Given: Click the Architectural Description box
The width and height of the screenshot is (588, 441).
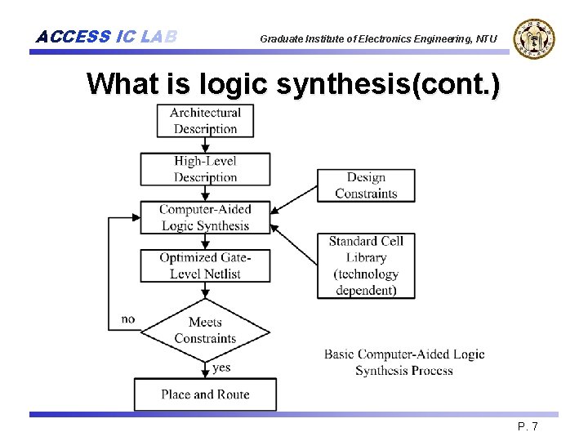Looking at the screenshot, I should coord(205,121).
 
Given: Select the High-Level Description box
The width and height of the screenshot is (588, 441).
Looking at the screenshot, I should coord(205,169).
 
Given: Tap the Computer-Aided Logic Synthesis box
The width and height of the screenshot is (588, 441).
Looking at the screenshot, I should coord(205,217).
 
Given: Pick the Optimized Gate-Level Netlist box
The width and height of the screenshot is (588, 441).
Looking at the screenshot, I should coord(205,265).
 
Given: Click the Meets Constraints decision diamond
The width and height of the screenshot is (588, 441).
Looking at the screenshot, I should coord(205,330).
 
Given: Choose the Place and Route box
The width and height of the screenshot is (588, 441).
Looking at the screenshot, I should coord(205,394).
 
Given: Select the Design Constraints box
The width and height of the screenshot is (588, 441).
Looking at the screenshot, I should coord(366,185).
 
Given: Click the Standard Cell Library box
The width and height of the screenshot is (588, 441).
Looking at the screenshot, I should coord(366,265).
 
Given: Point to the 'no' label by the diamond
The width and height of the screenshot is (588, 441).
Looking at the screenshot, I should coord(128,318).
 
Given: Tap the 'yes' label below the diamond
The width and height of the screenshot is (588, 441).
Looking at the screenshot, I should coord(221,367).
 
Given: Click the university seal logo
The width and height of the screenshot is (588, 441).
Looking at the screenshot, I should coord(534,38).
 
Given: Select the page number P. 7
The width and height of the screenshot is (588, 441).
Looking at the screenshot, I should coord(528,427).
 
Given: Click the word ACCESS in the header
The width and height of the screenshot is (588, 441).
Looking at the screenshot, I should coord(73,37).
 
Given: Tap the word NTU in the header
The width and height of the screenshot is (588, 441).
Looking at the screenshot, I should coord(487,38).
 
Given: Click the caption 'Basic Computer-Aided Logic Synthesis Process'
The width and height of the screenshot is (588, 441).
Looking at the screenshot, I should coord(404,362).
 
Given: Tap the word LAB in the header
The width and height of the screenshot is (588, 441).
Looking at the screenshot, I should coord(158,37).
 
